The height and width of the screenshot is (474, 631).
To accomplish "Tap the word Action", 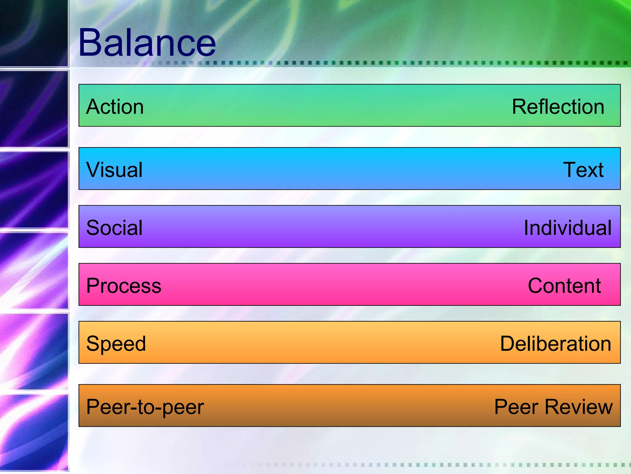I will point(115,107).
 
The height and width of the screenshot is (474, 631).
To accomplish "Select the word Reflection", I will point(558,107).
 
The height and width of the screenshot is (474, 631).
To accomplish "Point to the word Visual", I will point(114,170).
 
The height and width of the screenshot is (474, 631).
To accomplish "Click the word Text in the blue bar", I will point(583,170).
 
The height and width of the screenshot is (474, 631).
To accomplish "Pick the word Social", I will point(114,228).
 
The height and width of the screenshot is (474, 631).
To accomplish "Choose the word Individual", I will point(568,228).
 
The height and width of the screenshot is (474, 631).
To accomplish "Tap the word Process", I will point(124,286).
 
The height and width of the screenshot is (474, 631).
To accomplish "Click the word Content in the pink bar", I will point(564,286).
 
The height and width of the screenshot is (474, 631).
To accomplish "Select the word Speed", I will point(116,344).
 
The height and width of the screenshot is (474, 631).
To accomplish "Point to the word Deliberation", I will point(556,344).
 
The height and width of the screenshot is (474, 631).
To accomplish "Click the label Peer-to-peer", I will point(145,407).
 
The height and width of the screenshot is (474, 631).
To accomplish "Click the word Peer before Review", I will point(517,407).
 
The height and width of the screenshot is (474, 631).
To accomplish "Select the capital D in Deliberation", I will point(507,344).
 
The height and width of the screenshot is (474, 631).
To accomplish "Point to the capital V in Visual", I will point(93,170).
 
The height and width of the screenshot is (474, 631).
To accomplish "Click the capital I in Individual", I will point(526,228).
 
